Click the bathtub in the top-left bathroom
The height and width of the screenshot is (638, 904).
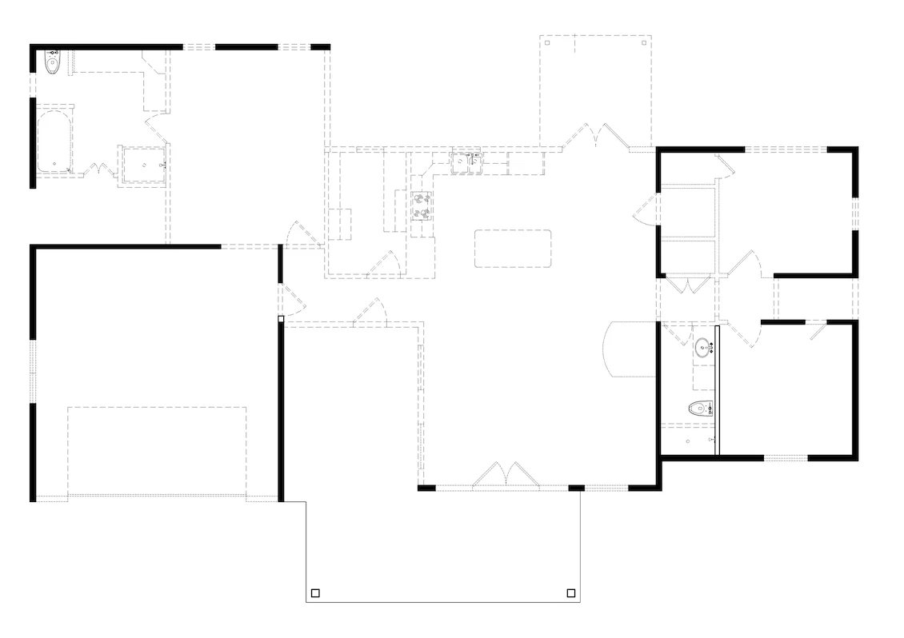(x=54, y=142)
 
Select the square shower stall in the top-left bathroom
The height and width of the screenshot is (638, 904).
(x=144, y=165)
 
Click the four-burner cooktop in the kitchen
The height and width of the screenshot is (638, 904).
(x=422, y=205)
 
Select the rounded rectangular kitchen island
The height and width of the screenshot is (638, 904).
(x=513, y=248)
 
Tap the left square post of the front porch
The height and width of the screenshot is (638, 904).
(x=315, y=593)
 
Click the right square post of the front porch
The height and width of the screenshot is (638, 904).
(x=571, y=593)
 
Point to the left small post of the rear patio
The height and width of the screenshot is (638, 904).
(x=547, y=43)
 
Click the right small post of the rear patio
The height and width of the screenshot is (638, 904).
(x=642, y=43)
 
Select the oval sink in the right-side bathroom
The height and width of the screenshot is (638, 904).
(x=704, y=347)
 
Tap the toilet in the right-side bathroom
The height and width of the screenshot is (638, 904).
(x=701, y=409)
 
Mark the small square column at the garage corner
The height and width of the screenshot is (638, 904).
(x=281, y=318)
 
